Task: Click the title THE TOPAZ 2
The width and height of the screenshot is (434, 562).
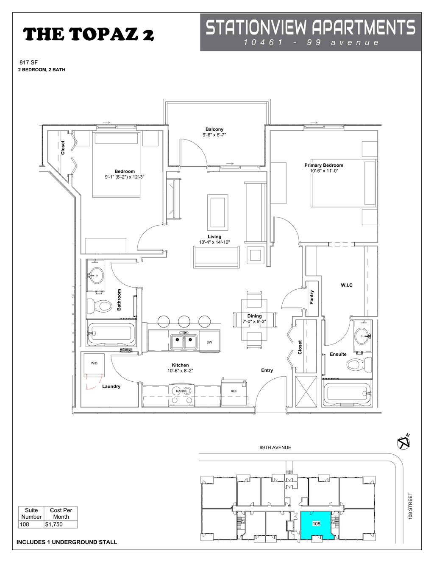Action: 88,34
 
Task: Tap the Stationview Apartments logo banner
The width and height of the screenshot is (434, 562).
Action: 310,32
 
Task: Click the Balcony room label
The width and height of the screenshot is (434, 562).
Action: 214,129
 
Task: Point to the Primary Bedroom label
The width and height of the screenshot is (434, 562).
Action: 324,165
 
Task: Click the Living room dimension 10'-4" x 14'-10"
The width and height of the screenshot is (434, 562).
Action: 214,242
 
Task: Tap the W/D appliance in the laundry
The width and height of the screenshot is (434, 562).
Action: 94,364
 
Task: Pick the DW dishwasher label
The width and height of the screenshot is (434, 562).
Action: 209,342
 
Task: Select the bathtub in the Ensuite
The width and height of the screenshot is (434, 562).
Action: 347,394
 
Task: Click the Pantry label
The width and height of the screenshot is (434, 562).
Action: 312,297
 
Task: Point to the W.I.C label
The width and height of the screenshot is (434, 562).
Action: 347,285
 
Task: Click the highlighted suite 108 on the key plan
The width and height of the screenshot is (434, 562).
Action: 316,525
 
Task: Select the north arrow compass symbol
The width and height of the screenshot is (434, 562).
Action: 404,442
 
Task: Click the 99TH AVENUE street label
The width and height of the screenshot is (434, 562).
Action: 275,447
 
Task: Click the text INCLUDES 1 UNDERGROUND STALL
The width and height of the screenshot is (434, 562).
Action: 67,542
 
